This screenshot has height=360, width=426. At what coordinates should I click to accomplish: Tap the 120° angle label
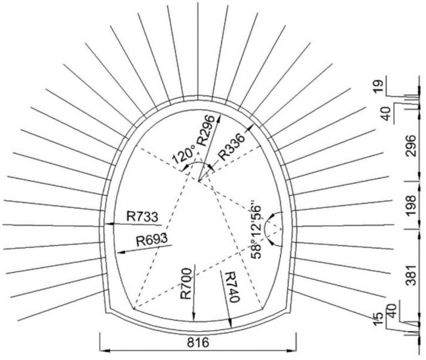coord(184,154)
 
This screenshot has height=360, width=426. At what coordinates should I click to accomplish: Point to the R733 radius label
coord(142,217)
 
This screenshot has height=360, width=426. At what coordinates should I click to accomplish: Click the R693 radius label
coord(151,240)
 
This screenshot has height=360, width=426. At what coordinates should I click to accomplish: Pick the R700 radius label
coord(186,283)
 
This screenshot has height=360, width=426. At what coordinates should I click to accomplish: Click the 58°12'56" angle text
coord(256,230)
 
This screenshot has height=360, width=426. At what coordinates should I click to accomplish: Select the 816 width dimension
coord(198,342)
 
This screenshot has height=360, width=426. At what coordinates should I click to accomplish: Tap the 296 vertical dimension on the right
coord(410,146)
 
